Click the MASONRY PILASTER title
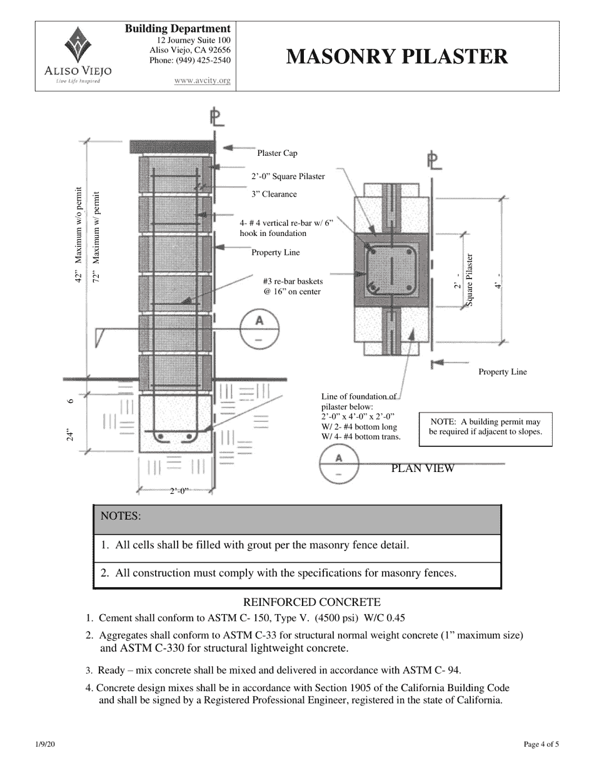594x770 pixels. click(x=397, y=57)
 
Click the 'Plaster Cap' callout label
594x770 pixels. click(x=277, y=153)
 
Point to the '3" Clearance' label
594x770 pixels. click(x=274, y=195)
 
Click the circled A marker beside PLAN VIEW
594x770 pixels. click(x=338, y=465)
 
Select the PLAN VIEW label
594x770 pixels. click(x=422, y=468)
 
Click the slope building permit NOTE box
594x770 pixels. click(x=485, y=428)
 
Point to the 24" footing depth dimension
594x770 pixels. click(x=71, y=435)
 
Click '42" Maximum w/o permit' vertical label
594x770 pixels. click(x=78, y=235)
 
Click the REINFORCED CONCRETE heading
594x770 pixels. click(x=311, y=602)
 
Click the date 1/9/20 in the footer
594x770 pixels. click(x=44, y=744)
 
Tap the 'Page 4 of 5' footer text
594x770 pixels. click(x=541, y=744)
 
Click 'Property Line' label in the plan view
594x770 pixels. click(x=502, y=372)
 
